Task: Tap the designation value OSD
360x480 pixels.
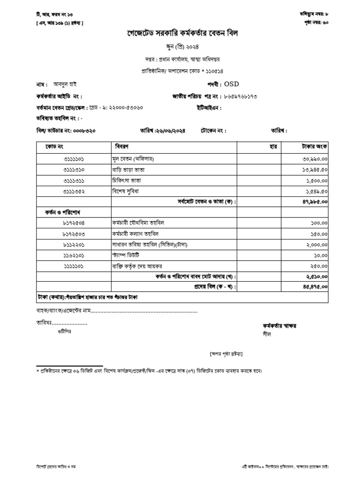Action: pyautogui.click(x=232, y=84)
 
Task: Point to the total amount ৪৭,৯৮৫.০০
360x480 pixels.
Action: pyautogui.click(x=315, y=202)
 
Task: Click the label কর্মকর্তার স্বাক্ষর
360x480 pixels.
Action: pyautogui.click(x=279, y=326)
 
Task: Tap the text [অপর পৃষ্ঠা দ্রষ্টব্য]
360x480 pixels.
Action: pyautogui.click(x=226, y=353)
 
